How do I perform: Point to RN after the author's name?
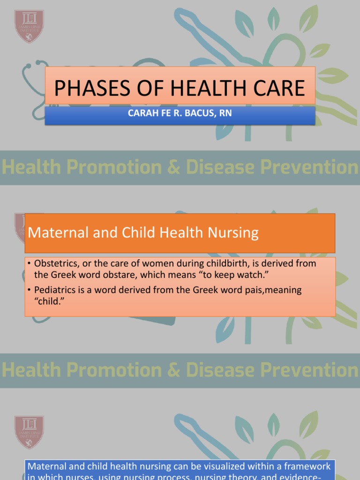coord(226,113)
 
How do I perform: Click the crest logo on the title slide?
coord(29,26)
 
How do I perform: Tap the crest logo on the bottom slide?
coord(29,432)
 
